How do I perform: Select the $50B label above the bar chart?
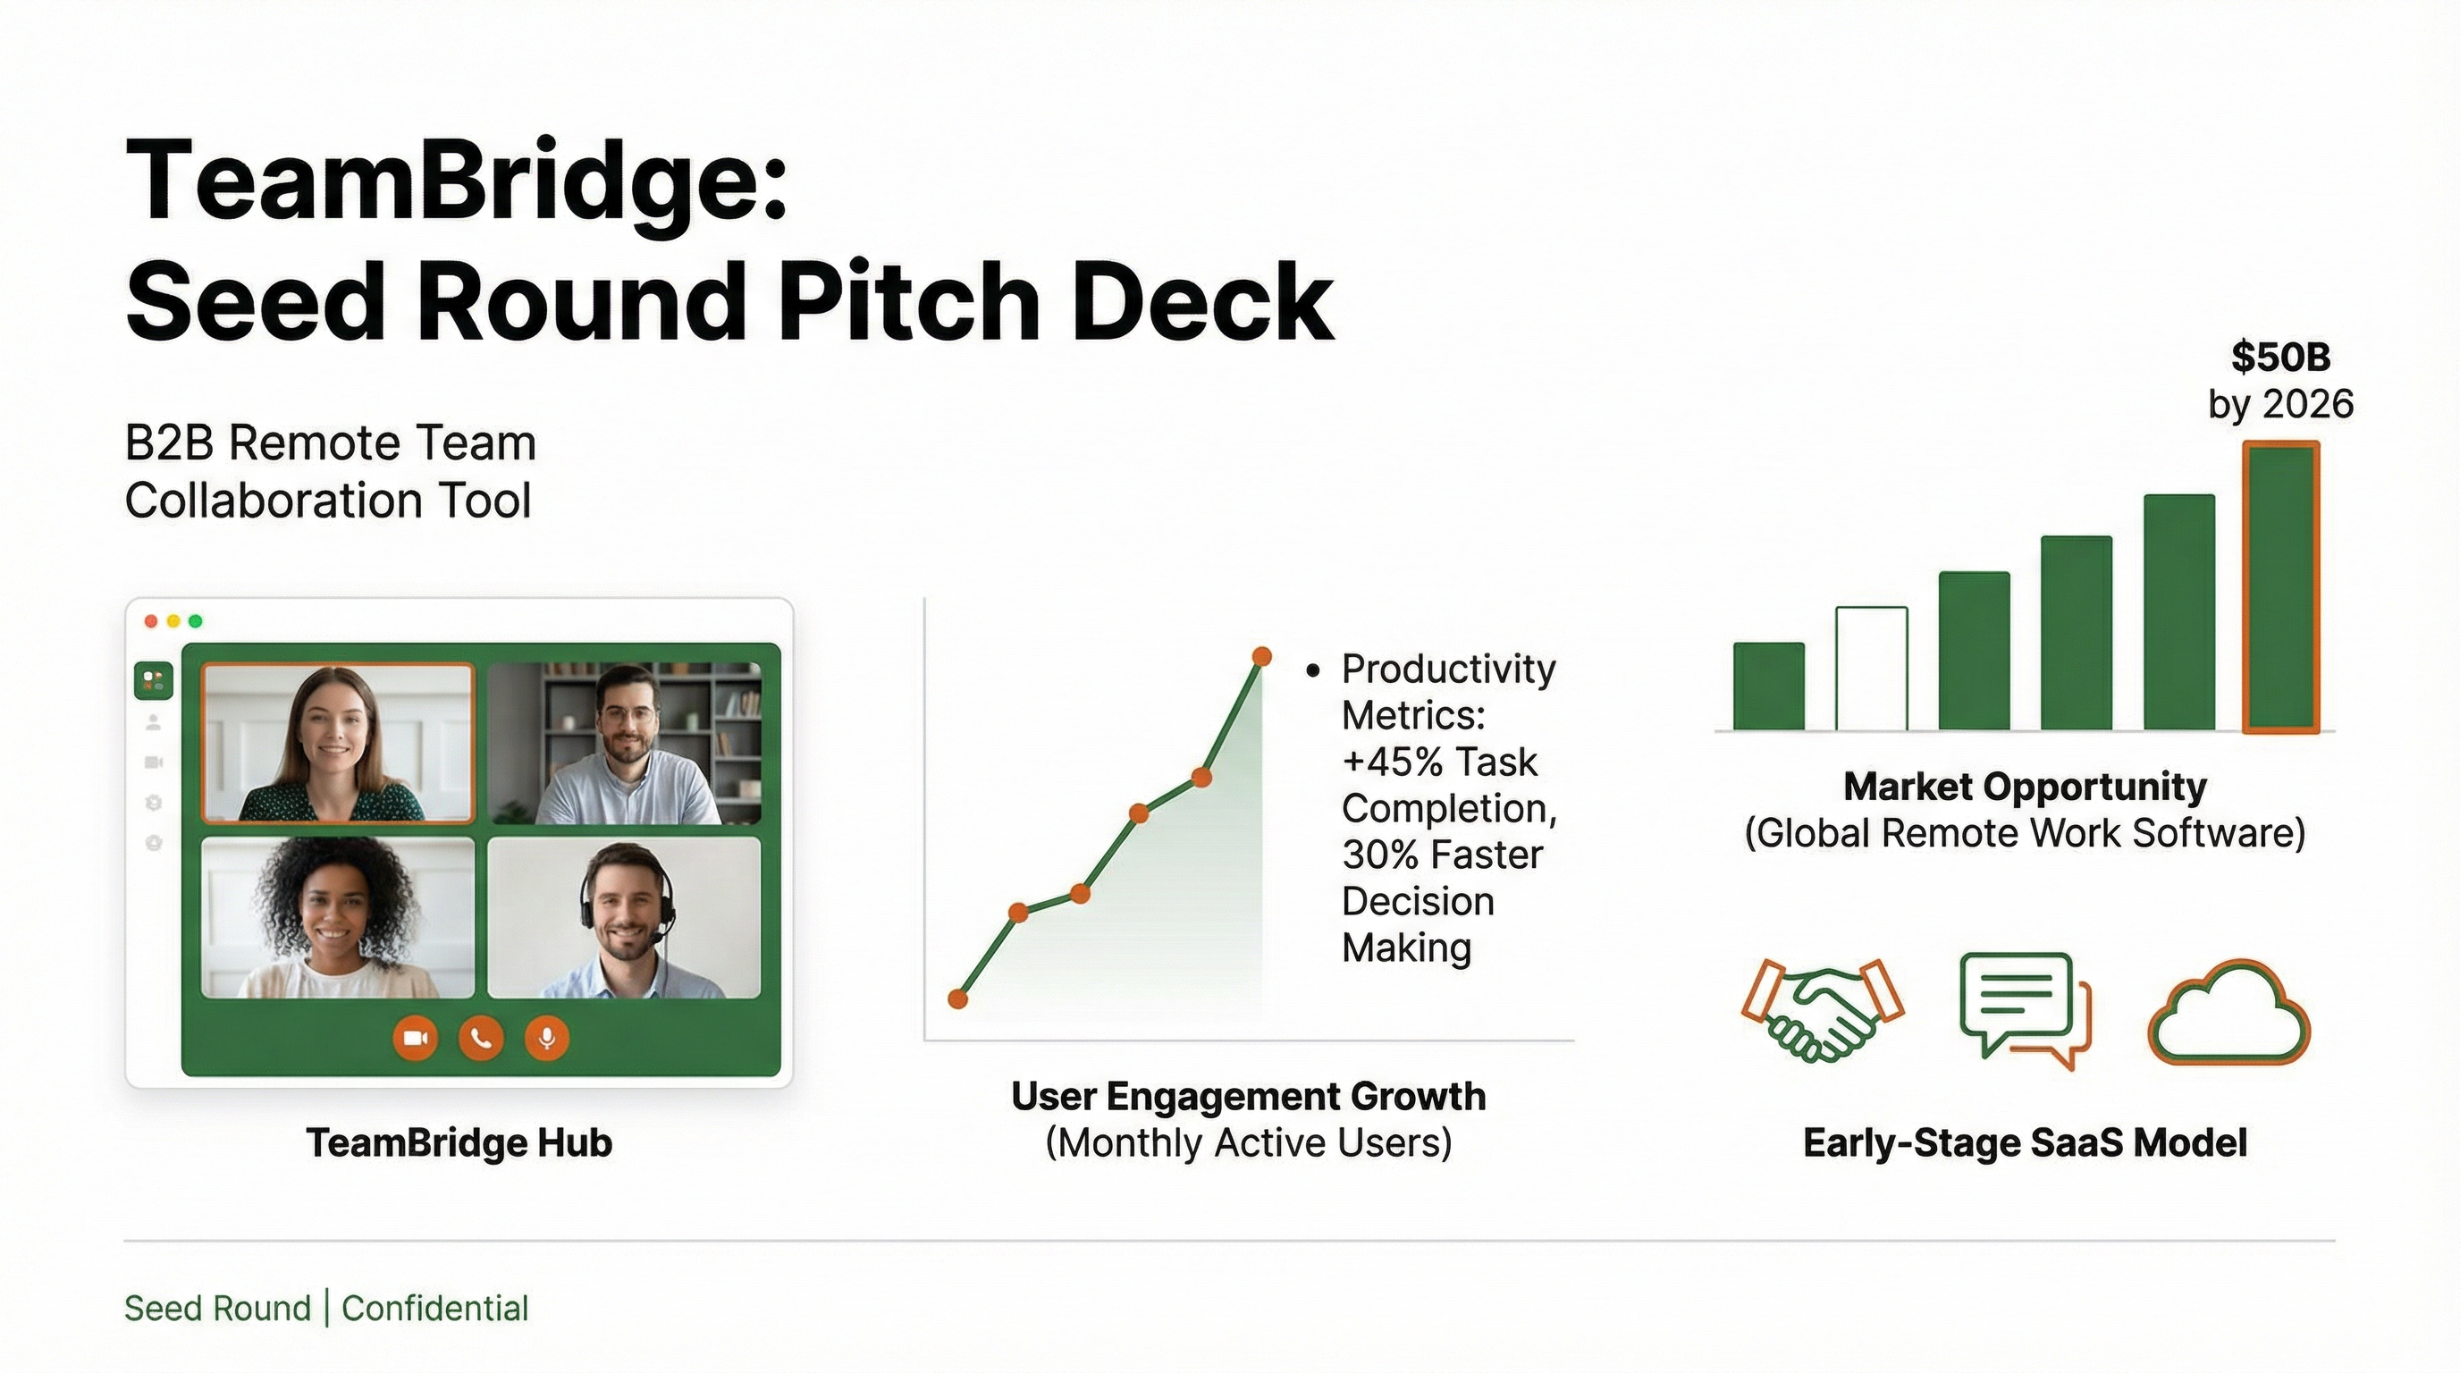[2280, 357]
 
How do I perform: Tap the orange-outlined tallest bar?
[2280, 587]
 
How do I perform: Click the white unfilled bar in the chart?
[1872, 669]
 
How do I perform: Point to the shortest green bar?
[1769, 686]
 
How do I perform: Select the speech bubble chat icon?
[2023, 1008]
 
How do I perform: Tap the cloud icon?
[2228, 1014]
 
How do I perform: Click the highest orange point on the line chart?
[1261, 656]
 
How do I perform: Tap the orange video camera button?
[416, 1038]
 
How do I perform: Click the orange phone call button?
[481, 1038]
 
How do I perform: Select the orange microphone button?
[547, 1038]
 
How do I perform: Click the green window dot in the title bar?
[196, 621]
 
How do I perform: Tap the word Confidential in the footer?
[434, 1308]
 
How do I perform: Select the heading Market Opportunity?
[2025, 787]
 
